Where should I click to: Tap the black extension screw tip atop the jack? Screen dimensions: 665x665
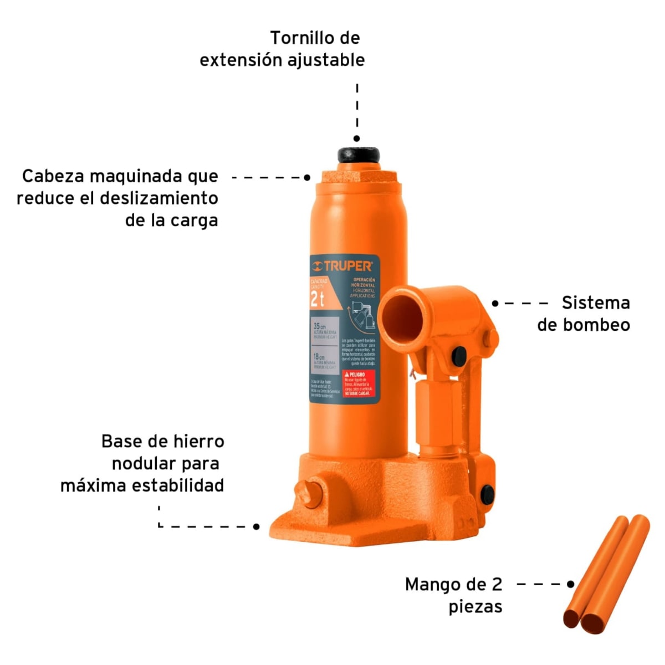pyautogui.click(x=358, y=155)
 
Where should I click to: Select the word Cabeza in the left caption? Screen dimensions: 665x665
pyautogui.click(x=53, y=176)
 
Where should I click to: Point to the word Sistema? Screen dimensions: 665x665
pyautogui.click(x=596, y=303)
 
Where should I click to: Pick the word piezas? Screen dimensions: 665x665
pyautogui.click(x=475, y=606)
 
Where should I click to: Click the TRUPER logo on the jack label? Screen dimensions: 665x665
pyautogui.click(x=342, y=267)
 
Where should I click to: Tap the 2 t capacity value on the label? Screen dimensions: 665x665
pyautogui.click(x=318, y=300)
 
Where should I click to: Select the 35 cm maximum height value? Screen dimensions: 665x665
pyautogui.click(x=319, y=326)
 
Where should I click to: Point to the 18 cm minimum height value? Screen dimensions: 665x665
pyautogui.click(x=319, y=357)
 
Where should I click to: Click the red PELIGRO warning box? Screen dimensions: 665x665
pyautogui.click(x=359, y=384)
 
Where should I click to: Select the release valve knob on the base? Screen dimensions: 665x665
pyautogui.click(x=308, y=492)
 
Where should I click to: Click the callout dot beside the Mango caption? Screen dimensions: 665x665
pyautogui.click(x=571, y=584)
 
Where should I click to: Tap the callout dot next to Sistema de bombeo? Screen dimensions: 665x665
pyautogui.click(x=495, y=303)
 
